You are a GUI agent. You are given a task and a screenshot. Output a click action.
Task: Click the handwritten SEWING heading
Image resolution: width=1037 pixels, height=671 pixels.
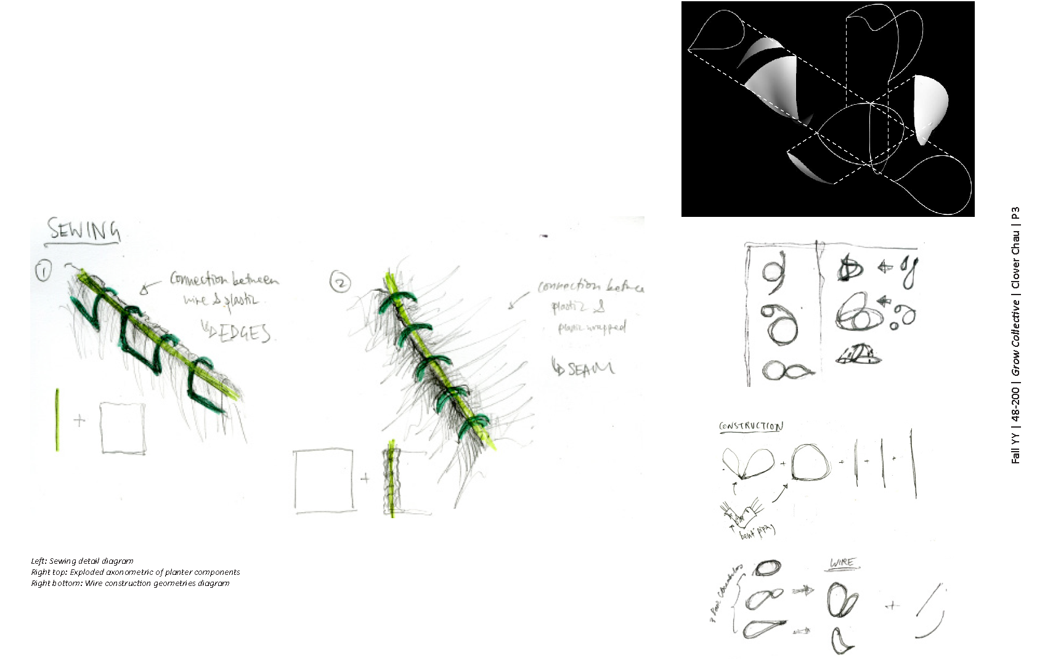(x=84, y=230)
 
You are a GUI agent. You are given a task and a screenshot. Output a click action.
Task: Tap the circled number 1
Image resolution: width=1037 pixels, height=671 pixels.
(x=43, y=271)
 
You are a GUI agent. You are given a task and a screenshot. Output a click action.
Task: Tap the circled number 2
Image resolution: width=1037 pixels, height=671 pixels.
(x=340, y=282)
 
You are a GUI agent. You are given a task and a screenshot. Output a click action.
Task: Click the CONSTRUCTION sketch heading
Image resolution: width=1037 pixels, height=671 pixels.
(x=750, y=426)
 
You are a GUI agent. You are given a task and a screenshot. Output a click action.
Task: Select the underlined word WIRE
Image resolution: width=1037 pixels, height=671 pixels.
(x=842, y=563)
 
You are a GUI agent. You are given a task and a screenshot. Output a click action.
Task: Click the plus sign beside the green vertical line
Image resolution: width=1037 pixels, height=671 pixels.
(x=79, y=421)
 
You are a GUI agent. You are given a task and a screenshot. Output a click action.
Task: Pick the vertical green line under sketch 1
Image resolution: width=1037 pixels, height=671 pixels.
(x=57, y=420)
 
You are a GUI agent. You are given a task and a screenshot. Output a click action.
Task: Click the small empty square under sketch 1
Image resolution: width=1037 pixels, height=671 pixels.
(x=123, y=428)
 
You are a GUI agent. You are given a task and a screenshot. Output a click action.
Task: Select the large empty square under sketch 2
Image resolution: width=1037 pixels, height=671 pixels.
(x=324, y=481)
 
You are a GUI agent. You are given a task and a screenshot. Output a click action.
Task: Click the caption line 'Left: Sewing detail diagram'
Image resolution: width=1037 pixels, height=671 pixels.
(x=82, y=561)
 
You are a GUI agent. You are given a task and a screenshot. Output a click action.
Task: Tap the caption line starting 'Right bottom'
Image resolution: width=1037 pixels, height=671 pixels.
(x=130, y=584)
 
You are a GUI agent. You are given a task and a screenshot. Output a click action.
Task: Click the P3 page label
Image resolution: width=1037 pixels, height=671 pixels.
(x=1015, y=214)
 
